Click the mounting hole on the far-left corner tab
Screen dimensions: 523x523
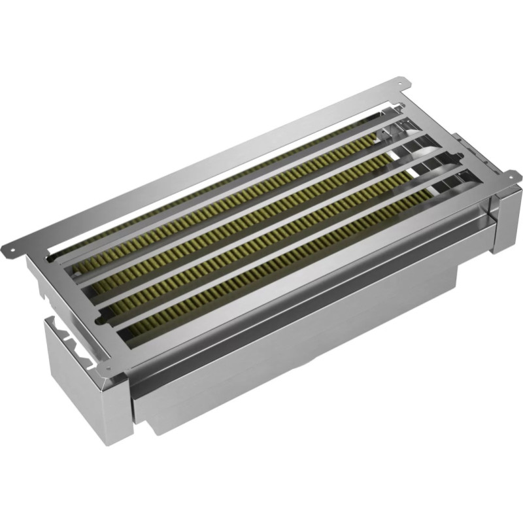point(11,249)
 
